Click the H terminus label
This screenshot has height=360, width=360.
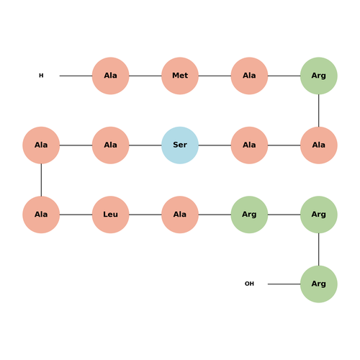point(41,76)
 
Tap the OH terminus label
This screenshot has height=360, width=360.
point(249,284)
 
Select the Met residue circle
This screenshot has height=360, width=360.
point(180,76)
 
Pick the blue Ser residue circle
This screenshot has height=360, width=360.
point(180,145)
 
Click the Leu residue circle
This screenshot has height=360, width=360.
point(111,215)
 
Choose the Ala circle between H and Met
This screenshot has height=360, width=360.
point(111,76)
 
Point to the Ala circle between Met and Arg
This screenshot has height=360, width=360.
point(249,76)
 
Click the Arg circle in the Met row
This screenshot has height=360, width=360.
point(319,76)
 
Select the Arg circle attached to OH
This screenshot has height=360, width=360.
point(319,284)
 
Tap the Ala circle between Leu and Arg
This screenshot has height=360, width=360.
point(180,215)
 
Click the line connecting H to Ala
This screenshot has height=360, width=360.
point(76,76)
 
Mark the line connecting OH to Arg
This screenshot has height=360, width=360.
point(284,284)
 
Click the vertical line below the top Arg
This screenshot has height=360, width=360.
point(319,110)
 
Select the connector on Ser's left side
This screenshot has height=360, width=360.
point(145,145)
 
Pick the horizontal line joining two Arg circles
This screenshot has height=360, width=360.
point(284,215)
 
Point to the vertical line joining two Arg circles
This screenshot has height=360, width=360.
point(319,249)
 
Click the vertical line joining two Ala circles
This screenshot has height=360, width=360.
point(41,180)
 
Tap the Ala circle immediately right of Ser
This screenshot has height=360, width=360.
point(249,145)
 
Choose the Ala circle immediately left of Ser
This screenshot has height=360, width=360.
point(111,145)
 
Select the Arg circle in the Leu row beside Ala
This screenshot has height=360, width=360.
point(249,215)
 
